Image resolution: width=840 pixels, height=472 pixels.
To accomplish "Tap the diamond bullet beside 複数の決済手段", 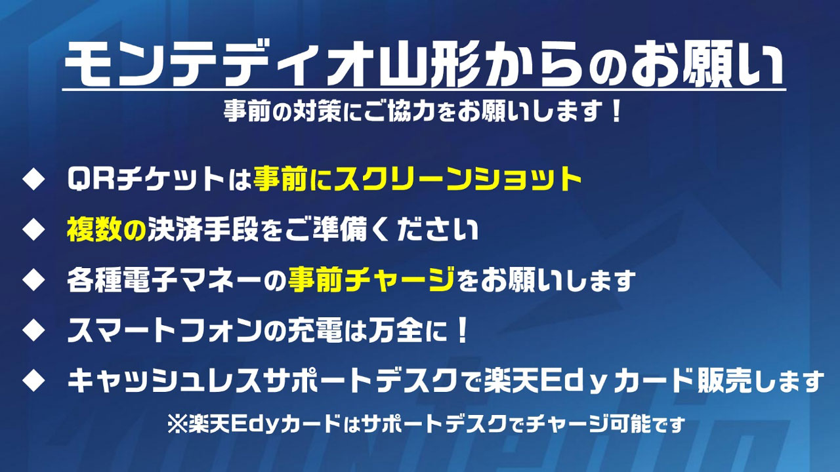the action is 33,230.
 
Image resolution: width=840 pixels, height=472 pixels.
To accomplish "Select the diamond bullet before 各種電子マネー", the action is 33,281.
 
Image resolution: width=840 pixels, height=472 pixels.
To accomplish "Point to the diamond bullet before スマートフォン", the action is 33,330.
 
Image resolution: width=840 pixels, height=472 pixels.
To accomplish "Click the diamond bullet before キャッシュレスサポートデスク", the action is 33,381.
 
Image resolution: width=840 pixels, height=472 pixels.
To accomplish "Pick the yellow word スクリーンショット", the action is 457,180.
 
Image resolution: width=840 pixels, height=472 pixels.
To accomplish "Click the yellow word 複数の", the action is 106,230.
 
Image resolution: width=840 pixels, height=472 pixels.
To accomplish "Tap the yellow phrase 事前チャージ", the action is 372,280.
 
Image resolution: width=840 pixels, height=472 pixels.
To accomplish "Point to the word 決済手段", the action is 203,230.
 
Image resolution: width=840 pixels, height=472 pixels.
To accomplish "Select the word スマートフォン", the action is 164,331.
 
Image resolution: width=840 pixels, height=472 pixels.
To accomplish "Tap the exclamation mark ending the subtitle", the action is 616,111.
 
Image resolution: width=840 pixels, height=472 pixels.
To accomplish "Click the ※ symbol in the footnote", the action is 177,424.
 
